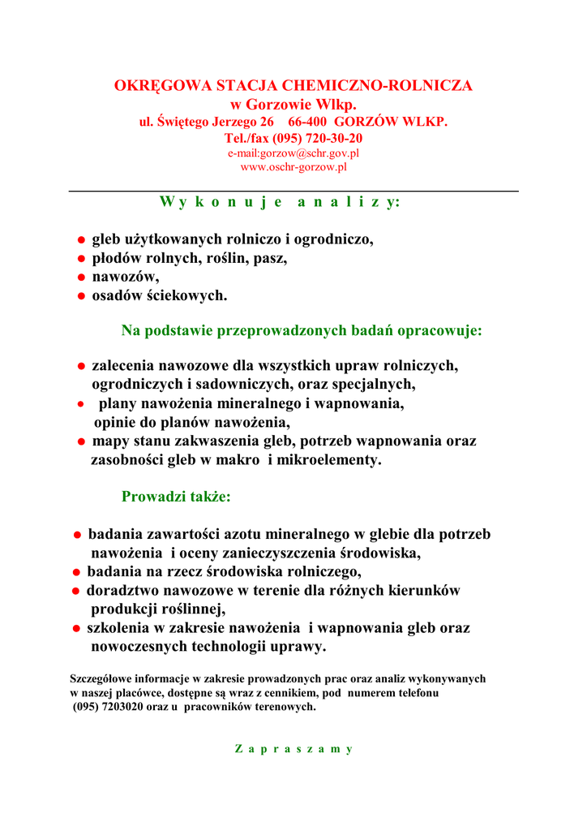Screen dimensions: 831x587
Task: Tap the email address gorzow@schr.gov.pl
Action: point(308,153)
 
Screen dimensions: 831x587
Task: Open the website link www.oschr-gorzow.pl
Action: point(293,167)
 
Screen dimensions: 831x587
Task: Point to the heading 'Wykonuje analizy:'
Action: point(280,202)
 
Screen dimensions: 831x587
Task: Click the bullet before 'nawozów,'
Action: point(81,278)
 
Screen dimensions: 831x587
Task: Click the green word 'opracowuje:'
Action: point(438,331)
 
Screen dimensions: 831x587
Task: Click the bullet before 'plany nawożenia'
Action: point(81,404)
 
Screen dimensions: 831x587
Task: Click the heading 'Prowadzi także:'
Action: point(176,497)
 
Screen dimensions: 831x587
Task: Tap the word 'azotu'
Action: point(245,535)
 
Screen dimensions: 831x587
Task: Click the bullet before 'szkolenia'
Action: point(75,629)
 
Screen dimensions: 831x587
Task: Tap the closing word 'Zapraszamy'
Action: point(293,749)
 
